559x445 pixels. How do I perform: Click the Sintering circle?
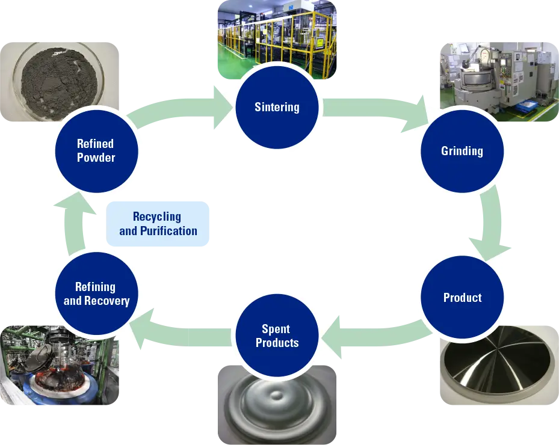pos(277,108)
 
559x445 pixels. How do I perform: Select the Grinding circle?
pos(462,150)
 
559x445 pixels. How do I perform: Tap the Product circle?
pos(462,298)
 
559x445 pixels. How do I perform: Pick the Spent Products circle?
pos(277,336)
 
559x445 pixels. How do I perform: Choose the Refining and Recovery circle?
pos(97,293)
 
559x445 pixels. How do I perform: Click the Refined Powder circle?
pos(96,150)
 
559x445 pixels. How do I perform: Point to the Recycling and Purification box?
pos(158,224)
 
